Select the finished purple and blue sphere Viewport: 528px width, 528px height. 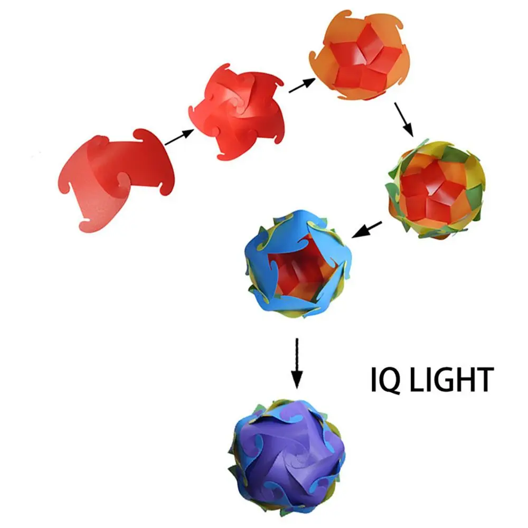pyautogui.click(x=287, y=451)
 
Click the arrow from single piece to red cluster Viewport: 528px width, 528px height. pyautogui.click(x=179, y=138)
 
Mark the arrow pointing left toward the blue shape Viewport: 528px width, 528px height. pyautogui.click(x=367, y=229)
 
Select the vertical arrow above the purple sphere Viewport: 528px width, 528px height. pyautogui.click(x=297, y=362)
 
